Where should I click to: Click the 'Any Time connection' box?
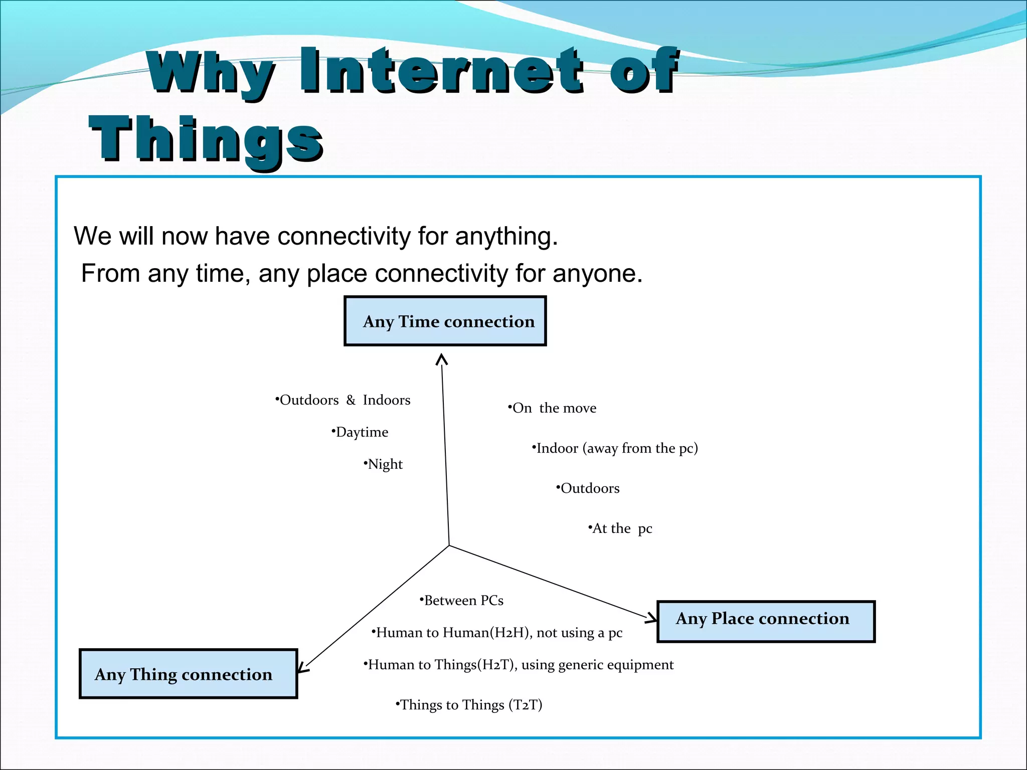pos(445,321)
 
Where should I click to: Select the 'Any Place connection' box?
pos(765,621)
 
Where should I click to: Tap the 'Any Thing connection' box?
pos(188,674)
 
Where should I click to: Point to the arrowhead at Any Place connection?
pos(652,618)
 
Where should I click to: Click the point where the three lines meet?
pos(449,545)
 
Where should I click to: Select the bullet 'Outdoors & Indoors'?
pos(344,400)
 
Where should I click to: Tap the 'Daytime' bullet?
pos(361,432)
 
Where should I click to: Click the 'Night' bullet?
pos(384,464)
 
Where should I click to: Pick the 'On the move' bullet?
pos(553,408)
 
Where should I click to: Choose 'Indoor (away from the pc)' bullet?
pos(616,448)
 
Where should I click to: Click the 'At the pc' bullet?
pos(621,528)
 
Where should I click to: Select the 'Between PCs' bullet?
pos(462,601)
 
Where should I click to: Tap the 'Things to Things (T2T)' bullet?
pos(469,705)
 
